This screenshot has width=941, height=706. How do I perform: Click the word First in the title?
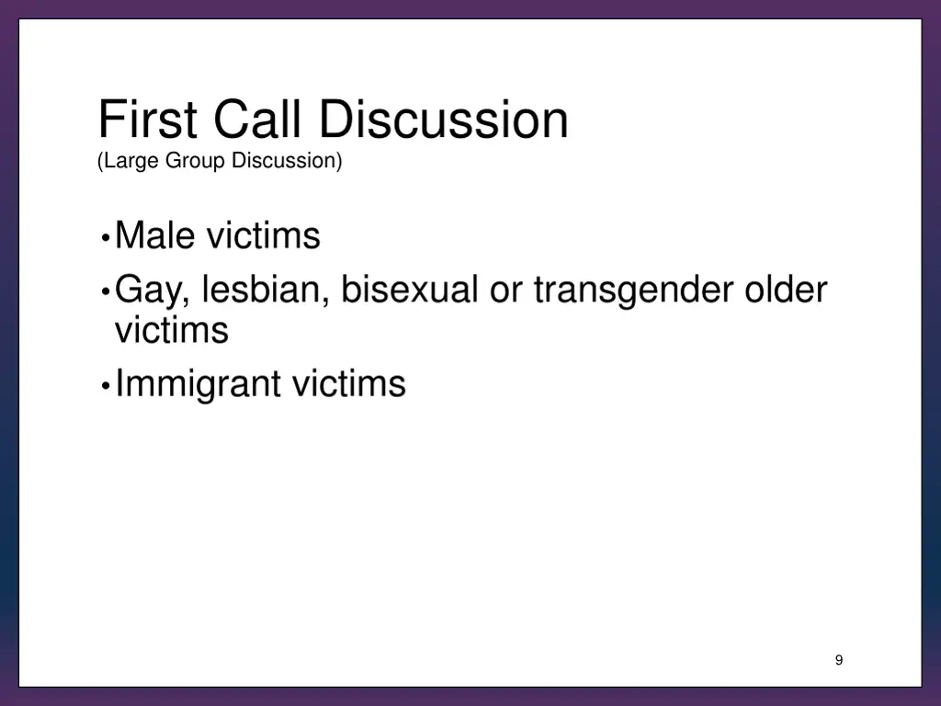(x=149, y=120)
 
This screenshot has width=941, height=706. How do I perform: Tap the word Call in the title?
(x=258, y=120)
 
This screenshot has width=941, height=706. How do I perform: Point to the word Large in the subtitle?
(x=130, y=161)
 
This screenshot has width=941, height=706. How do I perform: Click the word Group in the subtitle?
(x=196, y=161)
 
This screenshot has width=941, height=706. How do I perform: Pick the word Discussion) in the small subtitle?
(x=287, y=161)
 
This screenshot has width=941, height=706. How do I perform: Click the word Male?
(x=155, y=236)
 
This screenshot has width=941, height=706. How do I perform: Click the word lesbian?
(x=266, y=290)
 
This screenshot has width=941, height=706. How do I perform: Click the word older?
(x=786, y=290)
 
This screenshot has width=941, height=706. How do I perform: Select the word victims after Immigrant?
(x=348, y=383)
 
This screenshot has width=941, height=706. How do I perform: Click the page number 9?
(x=839, y=660)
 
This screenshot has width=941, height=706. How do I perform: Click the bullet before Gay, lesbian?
(x=107, y=292)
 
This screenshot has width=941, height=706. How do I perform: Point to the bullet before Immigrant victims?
(x=107, y=385)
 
